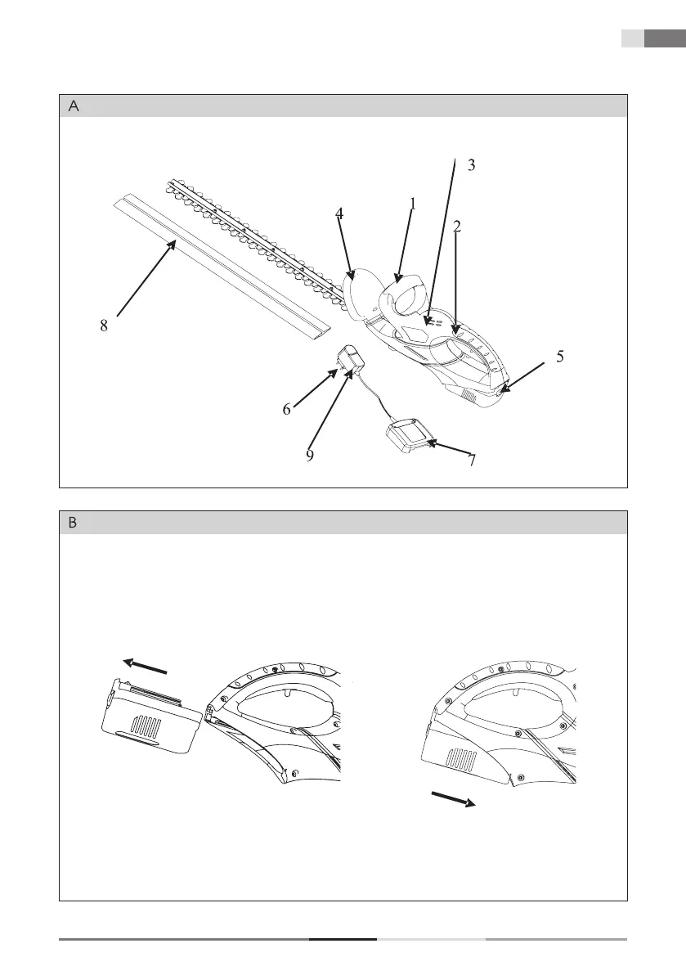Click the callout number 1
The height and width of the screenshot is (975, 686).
(x=413, y=204)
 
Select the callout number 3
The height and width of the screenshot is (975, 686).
(x=471, y=165)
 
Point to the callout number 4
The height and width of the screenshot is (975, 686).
(x=339, y=214)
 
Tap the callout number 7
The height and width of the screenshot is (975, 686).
(x=471, y=460)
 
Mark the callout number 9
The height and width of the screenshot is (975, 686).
(x=310, y=456)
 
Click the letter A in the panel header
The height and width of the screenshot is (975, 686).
(x=74, y=106)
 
